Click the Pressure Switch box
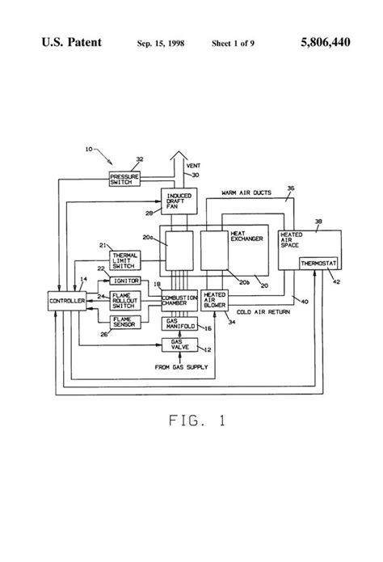coord(124,179)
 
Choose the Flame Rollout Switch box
coord(125,300)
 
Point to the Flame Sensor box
coord(125,321)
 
